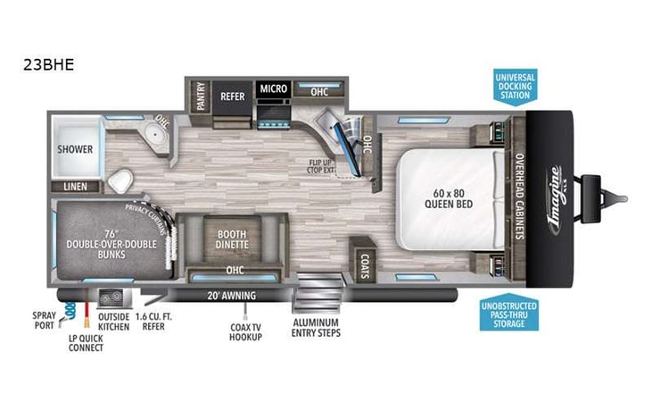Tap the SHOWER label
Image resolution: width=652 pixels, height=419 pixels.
coord(76,148)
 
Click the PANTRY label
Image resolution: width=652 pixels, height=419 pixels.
coord(201,96)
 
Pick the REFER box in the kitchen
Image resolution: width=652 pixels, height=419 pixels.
coord(232,96)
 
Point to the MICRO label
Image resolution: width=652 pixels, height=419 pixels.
coord(273,89)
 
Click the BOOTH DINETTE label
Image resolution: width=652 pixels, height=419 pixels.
coord(231,239)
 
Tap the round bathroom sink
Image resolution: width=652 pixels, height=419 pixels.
coord(154,137)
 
